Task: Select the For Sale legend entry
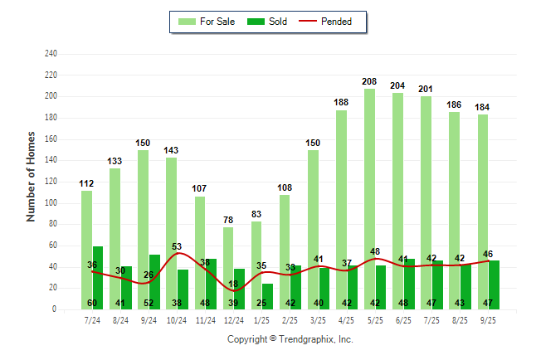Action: click(x=208, y=22)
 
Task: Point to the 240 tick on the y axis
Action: click(x=51, y=54)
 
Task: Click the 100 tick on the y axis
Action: click(x=51, y=203)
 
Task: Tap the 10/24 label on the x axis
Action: click(x=177, y=320)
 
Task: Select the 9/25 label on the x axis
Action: click(x=488, y=320)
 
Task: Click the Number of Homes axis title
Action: click(x=32, y=176)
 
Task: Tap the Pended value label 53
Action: click(x=177, y=246)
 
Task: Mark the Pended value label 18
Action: click(x=233, y=284)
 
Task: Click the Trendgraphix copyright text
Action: click(x=290, y=339)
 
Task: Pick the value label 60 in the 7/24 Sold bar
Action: click(x=92, y=303)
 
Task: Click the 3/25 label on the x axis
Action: click(x=318, y=320)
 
